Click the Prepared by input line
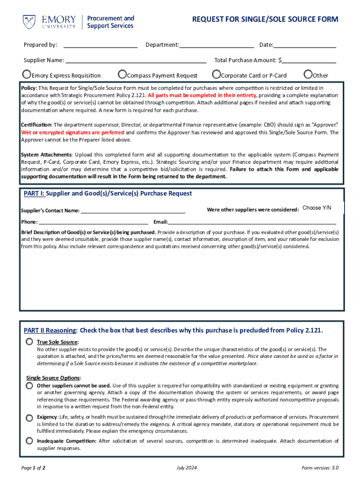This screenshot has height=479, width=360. [100, 45]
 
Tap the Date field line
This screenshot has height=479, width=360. [305, 45]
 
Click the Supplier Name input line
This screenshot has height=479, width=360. [136, 60]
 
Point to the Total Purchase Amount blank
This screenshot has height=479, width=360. [309, 60]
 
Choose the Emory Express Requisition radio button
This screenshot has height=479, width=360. [27, 74]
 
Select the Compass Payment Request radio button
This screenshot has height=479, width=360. [122, 74]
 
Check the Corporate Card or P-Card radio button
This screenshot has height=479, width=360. [216, 74]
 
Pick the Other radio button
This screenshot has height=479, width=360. [308, 74]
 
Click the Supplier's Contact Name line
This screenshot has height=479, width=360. [133, 210]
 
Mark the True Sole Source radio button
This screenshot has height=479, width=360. [29, 342]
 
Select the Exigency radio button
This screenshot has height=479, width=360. [29, 417]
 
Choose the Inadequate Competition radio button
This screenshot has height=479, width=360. [29, 441]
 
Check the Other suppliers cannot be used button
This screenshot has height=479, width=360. [29, 385]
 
